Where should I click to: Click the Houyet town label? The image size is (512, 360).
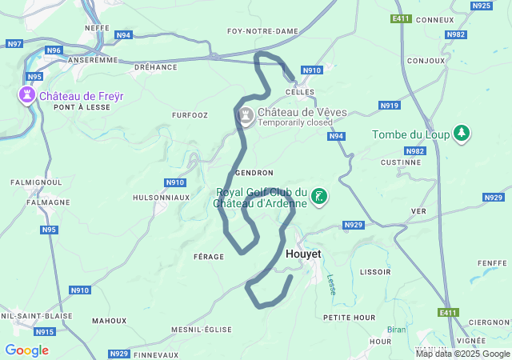point(303,254)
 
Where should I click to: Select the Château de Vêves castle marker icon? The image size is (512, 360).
point(246,117)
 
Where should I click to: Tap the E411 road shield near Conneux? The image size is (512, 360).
point(402,18)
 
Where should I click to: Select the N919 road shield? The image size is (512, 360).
point(390,106)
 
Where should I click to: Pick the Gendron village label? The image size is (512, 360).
point(254,173)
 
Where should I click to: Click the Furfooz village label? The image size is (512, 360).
point(190,115)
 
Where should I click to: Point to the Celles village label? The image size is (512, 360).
point(305,93)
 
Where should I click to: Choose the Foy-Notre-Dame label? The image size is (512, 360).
point(262,31)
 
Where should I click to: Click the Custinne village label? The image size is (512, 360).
point(401,162)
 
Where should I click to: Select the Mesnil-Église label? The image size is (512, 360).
point(202,330)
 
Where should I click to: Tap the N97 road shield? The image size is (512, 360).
point(14,43)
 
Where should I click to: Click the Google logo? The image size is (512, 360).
point(26,350)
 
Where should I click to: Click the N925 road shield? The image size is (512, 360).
point(482,6)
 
